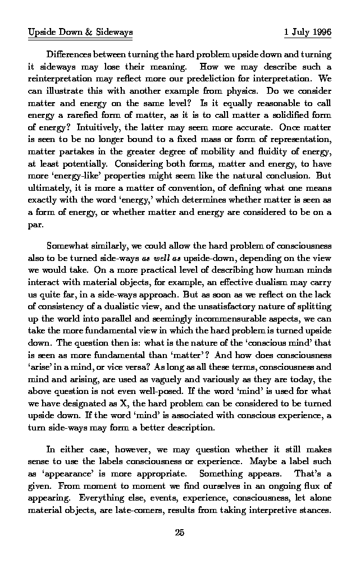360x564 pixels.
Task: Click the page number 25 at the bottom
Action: [180, 533]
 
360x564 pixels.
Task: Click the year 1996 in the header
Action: [321, 32]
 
